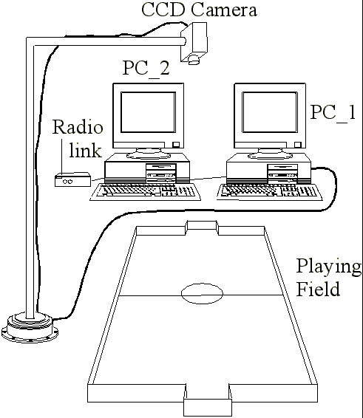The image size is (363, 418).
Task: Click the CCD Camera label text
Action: point(199,10)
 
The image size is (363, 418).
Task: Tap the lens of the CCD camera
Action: point(194,59)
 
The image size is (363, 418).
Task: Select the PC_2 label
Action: point(146,68)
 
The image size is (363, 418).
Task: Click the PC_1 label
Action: point(333,112)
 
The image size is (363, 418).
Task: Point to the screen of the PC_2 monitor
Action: point(148,112)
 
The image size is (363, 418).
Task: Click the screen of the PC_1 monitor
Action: point(270,112)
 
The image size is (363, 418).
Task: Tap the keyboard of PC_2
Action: point(146,192)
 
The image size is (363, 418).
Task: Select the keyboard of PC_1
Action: point(269,192)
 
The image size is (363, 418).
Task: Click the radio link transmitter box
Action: point(73,179)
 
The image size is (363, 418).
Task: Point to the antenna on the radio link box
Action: point(62,157)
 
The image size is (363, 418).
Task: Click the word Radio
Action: point(78,127)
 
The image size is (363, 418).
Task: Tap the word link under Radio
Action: point(86,150)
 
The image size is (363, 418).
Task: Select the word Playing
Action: point(328,267)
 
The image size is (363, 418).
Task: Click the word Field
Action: point(318,289)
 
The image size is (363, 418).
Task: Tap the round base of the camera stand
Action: point(30,327)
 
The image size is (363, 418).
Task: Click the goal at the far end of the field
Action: point(202,225)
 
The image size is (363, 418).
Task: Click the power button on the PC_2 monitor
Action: point(176,145)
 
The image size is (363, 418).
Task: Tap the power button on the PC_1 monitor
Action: point(298,145)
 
